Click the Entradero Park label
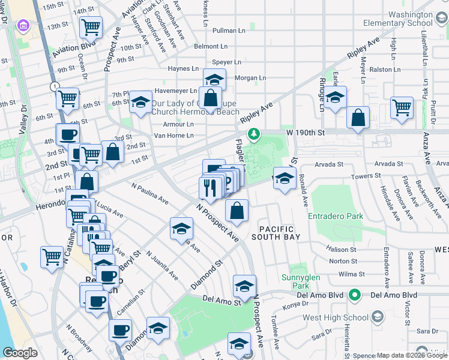click(x=335, y=216)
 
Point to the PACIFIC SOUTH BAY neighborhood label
click(x=276, y=233)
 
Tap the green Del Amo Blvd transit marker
click(x=355, y=295)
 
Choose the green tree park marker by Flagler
click(x=254, y=133)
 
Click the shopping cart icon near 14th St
click(x=91, y=26)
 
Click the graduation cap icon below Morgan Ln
click(x=214, y=80)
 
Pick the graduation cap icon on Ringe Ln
click(x=336, y=97)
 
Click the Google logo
click(x=19, y=353)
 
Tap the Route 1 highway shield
click(x=55, y=87)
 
